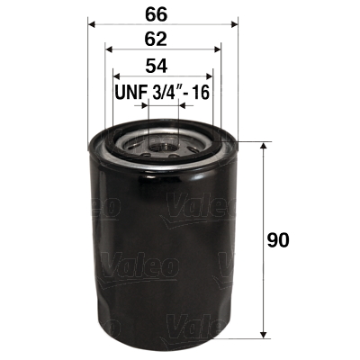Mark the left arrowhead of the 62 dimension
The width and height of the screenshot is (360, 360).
point(109,49)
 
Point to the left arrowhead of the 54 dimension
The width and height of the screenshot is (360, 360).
point(116,76)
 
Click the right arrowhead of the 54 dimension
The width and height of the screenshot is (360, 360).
point(209,76)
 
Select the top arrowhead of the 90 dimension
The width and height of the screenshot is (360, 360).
point(263,147)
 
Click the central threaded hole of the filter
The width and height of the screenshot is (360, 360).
point(163,141)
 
